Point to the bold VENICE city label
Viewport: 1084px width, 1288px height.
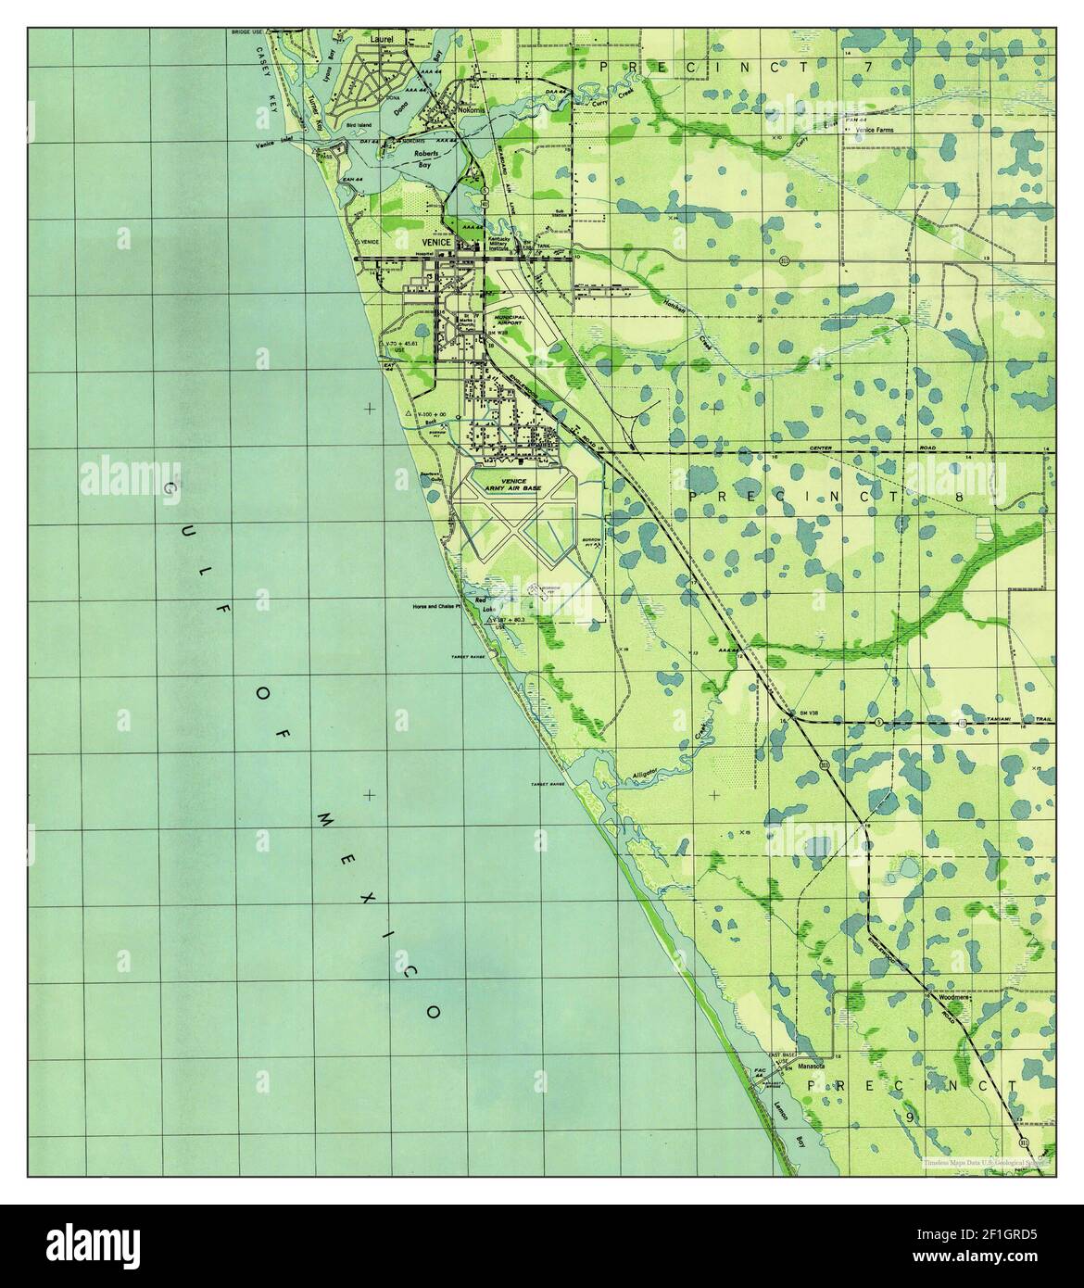pyautogui.click(x=435, y=242)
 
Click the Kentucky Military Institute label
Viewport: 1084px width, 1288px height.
pyautogui.click(x=503, y=246)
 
